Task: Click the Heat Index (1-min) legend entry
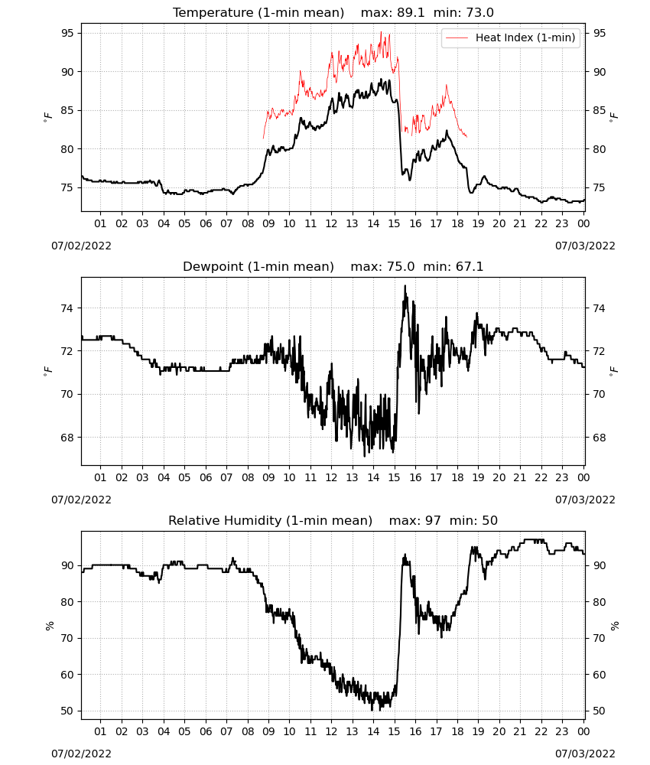click(510, 37)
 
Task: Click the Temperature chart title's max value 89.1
click(411, 13)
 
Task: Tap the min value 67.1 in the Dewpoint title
click(470, 266)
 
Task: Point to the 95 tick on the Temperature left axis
click(67, 33)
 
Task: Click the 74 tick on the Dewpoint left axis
click(67, 308)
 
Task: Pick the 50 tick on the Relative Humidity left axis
click(67, 711)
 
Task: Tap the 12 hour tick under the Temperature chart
click(332, 223)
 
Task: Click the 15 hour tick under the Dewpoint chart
click(395, 477)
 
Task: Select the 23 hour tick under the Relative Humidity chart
click(562, 731)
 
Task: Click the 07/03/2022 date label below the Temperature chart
click(585, 246)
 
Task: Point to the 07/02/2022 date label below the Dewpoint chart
click(81, 500)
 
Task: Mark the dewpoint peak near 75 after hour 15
click(405, 286)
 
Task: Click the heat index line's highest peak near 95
click(382, 32)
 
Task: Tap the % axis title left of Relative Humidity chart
click(49, 626)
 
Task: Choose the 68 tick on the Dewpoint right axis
click(598, 438)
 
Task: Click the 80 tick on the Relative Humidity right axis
click(598, 602)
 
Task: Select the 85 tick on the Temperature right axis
click(598, 110)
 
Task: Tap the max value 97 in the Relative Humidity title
click(433, 520)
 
